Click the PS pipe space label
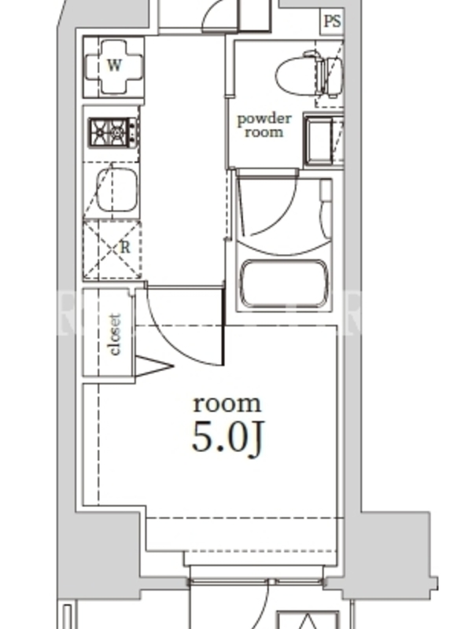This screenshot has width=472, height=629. click(332, 21)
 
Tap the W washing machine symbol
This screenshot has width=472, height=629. click(114, 66)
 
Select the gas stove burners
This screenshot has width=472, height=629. click(112, 132)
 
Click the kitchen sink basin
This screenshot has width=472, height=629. click(116, 189)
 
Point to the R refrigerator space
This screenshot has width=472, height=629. click(112, 249)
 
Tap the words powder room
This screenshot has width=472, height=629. click(264, 125)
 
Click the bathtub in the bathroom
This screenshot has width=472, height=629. click(284, 283)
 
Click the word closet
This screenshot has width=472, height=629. click(115, 334)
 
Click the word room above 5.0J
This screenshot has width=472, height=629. click(227, 403)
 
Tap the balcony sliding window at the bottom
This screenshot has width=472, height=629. click(256, 581)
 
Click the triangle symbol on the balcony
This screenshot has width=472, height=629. click(308, 621)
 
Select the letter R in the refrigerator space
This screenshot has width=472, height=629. click(125, 248)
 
